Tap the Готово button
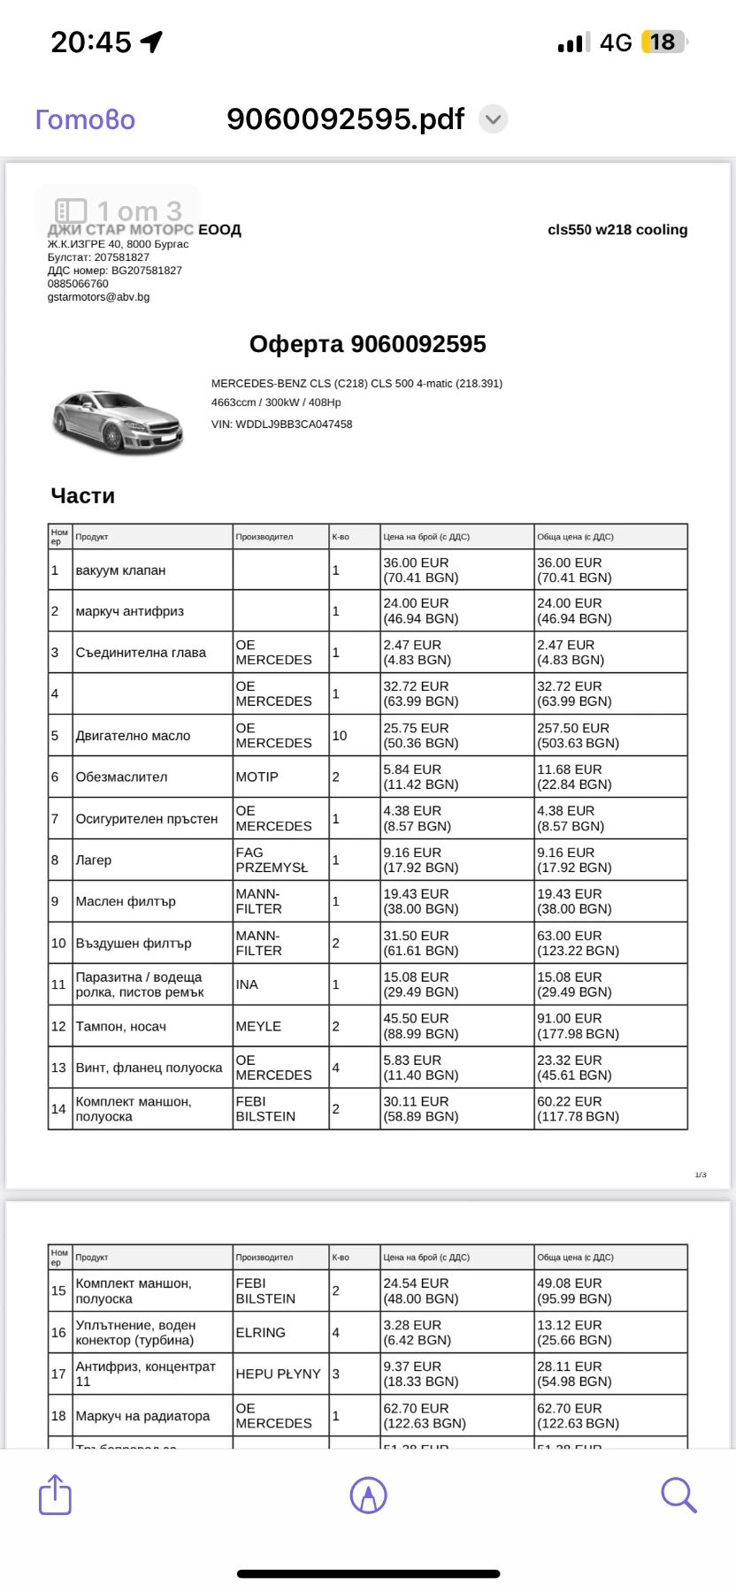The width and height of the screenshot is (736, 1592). pyautogui.click(x=85, y=119)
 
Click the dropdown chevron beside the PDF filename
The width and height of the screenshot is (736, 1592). pyautogui.click(x=493, y=119)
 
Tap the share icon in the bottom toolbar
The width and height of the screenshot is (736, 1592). pyautogui.click(x=55, y=1495)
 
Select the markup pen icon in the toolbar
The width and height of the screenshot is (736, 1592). pyautogui.click(x=368, y=1495)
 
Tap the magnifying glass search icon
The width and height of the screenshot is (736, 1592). pyautogui.click(x=678, y=1495)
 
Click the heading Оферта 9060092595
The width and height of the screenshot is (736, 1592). pyautogui.click(x=367, y=344)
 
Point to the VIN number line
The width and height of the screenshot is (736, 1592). pyautogui.click(x=281, y=425)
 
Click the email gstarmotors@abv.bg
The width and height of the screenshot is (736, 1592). pyautogui.click(x=98, y=297)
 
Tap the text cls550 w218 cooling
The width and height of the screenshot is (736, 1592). pyautogui.click(x=617, y=230)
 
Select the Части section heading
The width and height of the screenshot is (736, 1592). pyautogui.click(x=83, y=496)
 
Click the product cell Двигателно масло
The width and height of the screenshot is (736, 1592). pyautogui.click(x=133, y=736)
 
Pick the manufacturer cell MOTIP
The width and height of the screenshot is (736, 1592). pyautogui.click(x=257, y=777)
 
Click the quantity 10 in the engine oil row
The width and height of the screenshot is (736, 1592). pyautogui.click(x=340, y=736)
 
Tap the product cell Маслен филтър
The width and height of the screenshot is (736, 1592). pyautogui.click(x=126, y=901)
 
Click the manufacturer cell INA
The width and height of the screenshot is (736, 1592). pyautogui.click(x=247, y=984)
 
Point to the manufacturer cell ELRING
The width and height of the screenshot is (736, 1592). pyautogui.click(x=260, y=1332)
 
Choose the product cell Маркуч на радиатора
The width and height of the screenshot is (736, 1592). pyautogui.click(x=142, y=1416)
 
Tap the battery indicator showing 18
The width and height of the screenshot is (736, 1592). pyautogui.click(x=663, y=42)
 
